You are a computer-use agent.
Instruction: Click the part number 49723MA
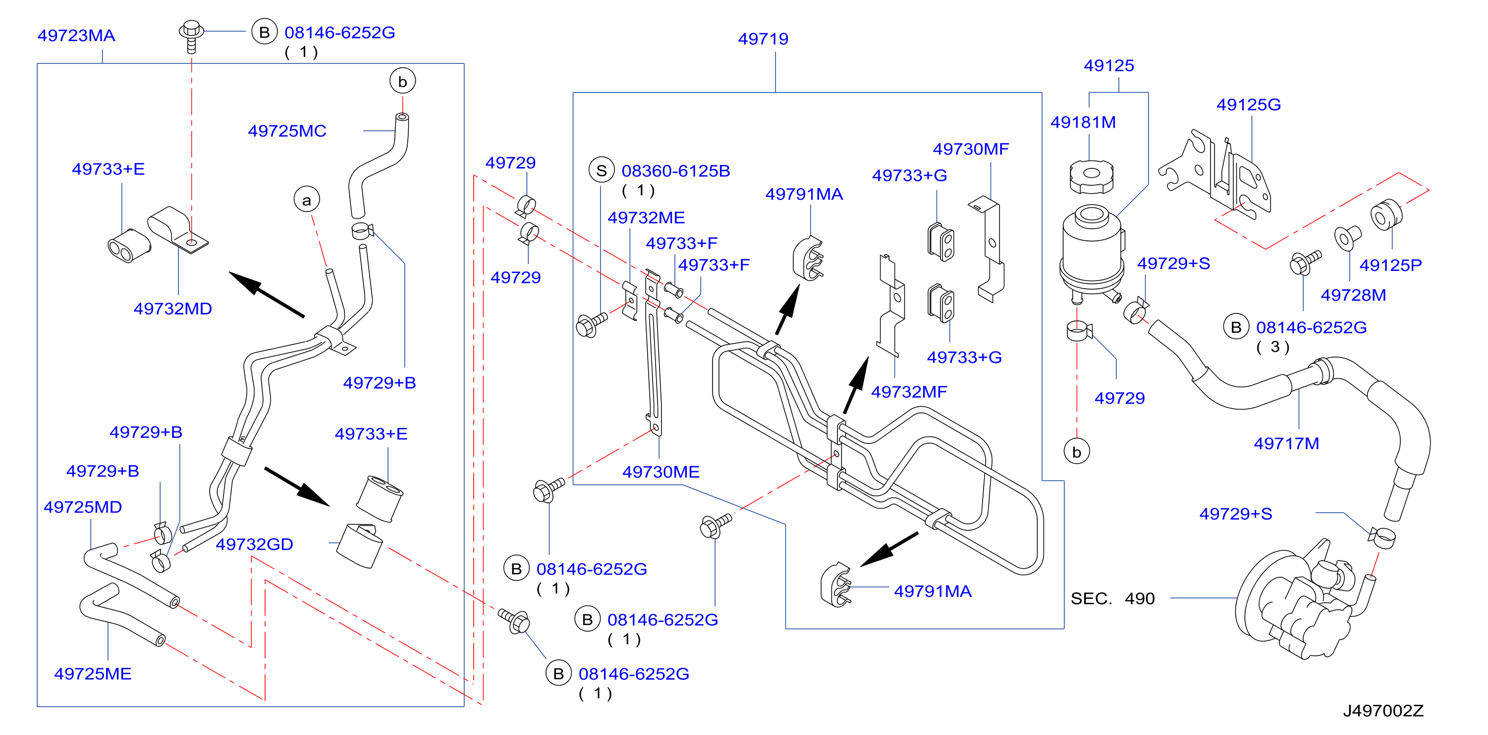76,36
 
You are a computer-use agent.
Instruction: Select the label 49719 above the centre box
763,39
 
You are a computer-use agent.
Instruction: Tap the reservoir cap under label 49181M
1091,176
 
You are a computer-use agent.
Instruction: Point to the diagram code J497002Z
1383,711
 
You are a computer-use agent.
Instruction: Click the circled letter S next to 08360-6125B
602,170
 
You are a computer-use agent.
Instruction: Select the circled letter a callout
307,200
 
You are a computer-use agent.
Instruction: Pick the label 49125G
1248,105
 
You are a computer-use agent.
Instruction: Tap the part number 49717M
1286,443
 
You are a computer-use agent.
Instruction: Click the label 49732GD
254,544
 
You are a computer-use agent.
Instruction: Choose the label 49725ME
93,674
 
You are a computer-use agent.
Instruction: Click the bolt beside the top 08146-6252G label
191,36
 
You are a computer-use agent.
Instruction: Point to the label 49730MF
970,149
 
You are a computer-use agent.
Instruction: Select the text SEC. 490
1112,598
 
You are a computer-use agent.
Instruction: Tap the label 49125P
1390,265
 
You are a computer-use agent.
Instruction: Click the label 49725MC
287,131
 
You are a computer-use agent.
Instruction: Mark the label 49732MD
173,309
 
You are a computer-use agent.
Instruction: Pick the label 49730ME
661,472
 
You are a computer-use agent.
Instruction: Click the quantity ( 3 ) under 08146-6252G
1272,347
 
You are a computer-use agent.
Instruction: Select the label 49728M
1353,295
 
